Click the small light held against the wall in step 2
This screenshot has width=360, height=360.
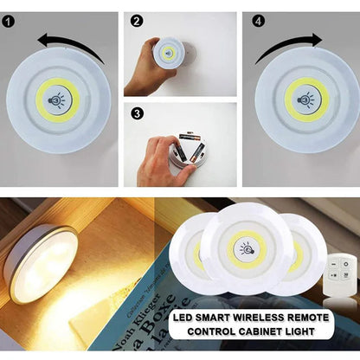(x=168, y=54)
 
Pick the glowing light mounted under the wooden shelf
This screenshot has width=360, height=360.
(x=41, y=262)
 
